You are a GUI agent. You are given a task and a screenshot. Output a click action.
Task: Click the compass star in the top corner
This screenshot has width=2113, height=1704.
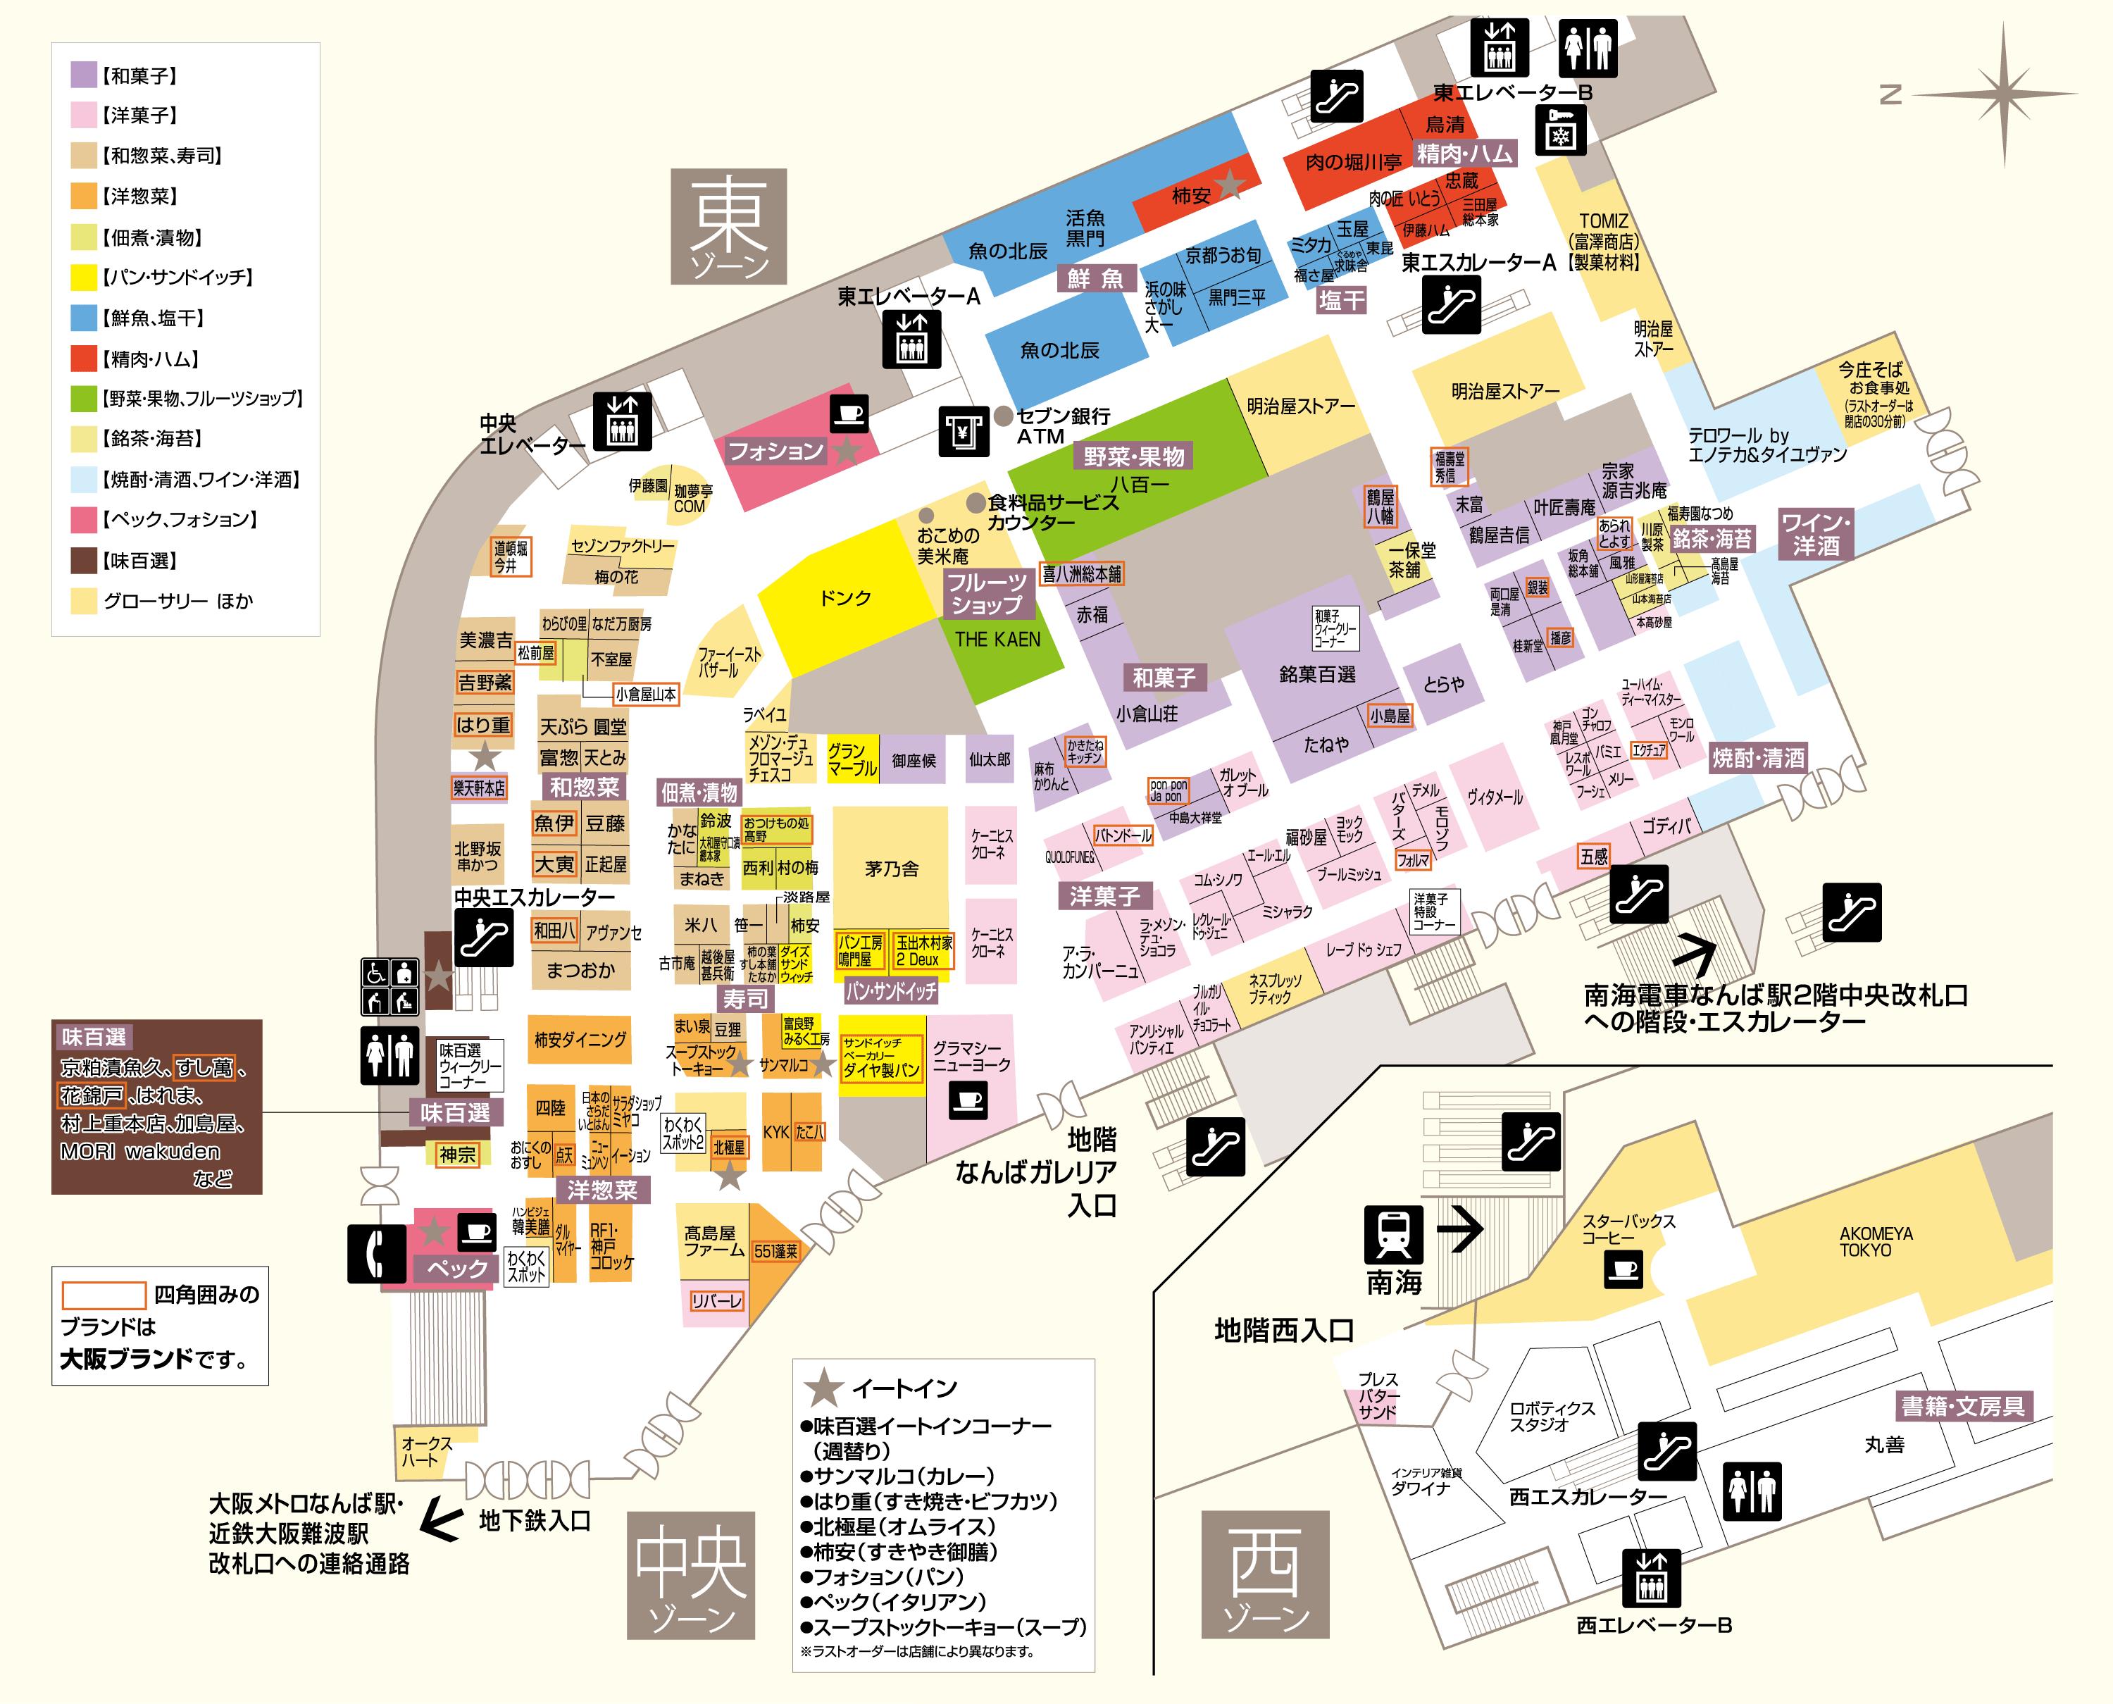(x=2003, y=95)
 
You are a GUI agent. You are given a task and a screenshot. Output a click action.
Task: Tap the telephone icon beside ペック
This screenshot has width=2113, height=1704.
(x=376, y=1253)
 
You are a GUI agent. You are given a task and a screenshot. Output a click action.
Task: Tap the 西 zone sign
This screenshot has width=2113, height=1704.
(x=1265, y=1574)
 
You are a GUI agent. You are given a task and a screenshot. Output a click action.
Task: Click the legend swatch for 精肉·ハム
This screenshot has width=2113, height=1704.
(x=83, y=359)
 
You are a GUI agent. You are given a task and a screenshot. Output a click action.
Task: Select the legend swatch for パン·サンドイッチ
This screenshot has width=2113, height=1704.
(x=83, y=278)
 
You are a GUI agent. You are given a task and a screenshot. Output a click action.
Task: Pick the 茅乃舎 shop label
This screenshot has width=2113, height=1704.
(x=891, y=869)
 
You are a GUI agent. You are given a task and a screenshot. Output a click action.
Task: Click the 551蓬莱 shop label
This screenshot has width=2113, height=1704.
(x=775, y=1252)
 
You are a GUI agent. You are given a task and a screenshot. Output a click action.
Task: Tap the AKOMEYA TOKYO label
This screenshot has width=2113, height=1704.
(x=1876, y=1242)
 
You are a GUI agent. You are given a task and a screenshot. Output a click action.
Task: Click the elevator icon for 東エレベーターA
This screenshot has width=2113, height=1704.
(x=911, y=339)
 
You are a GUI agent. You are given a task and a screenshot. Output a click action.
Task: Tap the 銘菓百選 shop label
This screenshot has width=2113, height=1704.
(x=1317, y=674)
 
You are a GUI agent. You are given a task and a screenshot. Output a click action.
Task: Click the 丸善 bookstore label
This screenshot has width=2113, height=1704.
(x=1884, y=1445)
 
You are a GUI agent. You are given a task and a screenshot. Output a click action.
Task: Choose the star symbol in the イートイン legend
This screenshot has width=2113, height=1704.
(x=823, y=1388)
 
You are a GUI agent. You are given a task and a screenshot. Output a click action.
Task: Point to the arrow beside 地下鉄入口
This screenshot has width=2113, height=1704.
(x=442, y=1522)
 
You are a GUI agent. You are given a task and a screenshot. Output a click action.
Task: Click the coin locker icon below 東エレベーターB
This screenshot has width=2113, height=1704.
(x=1559, y=132)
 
